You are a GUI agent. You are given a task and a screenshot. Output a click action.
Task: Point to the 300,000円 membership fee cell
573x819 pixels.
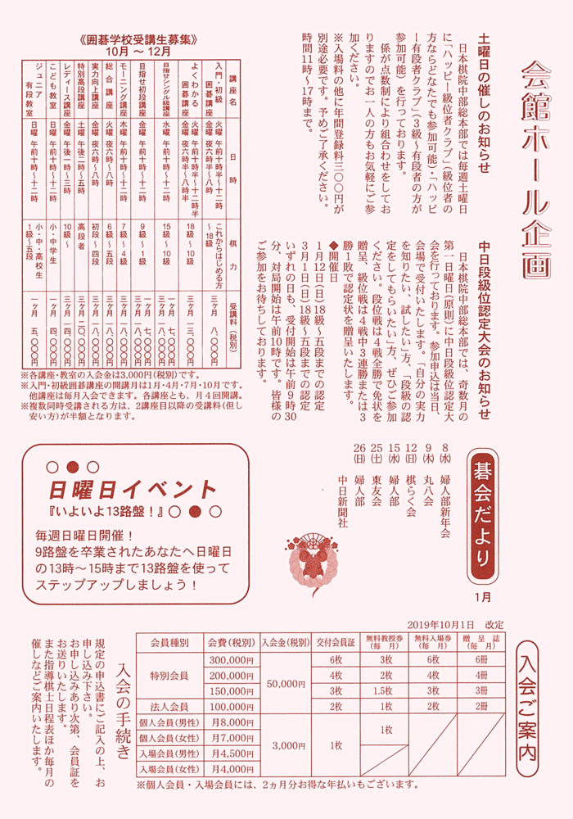(x=232, y=660)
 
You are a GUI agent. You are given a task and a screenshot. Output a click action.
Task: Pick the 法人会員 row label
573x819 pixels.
(x=169, y=706)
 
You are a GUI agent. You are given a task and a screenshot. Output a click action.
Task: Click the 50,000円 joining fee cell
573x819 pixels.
(x=285, y=683)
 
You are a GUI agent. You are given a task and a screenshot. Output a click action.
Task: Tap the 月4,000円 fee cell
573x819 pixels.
(x=232, y=768)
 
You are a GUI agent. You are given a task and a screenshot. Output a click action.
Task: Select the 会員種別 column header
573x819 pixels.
(x=169, y=642)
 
